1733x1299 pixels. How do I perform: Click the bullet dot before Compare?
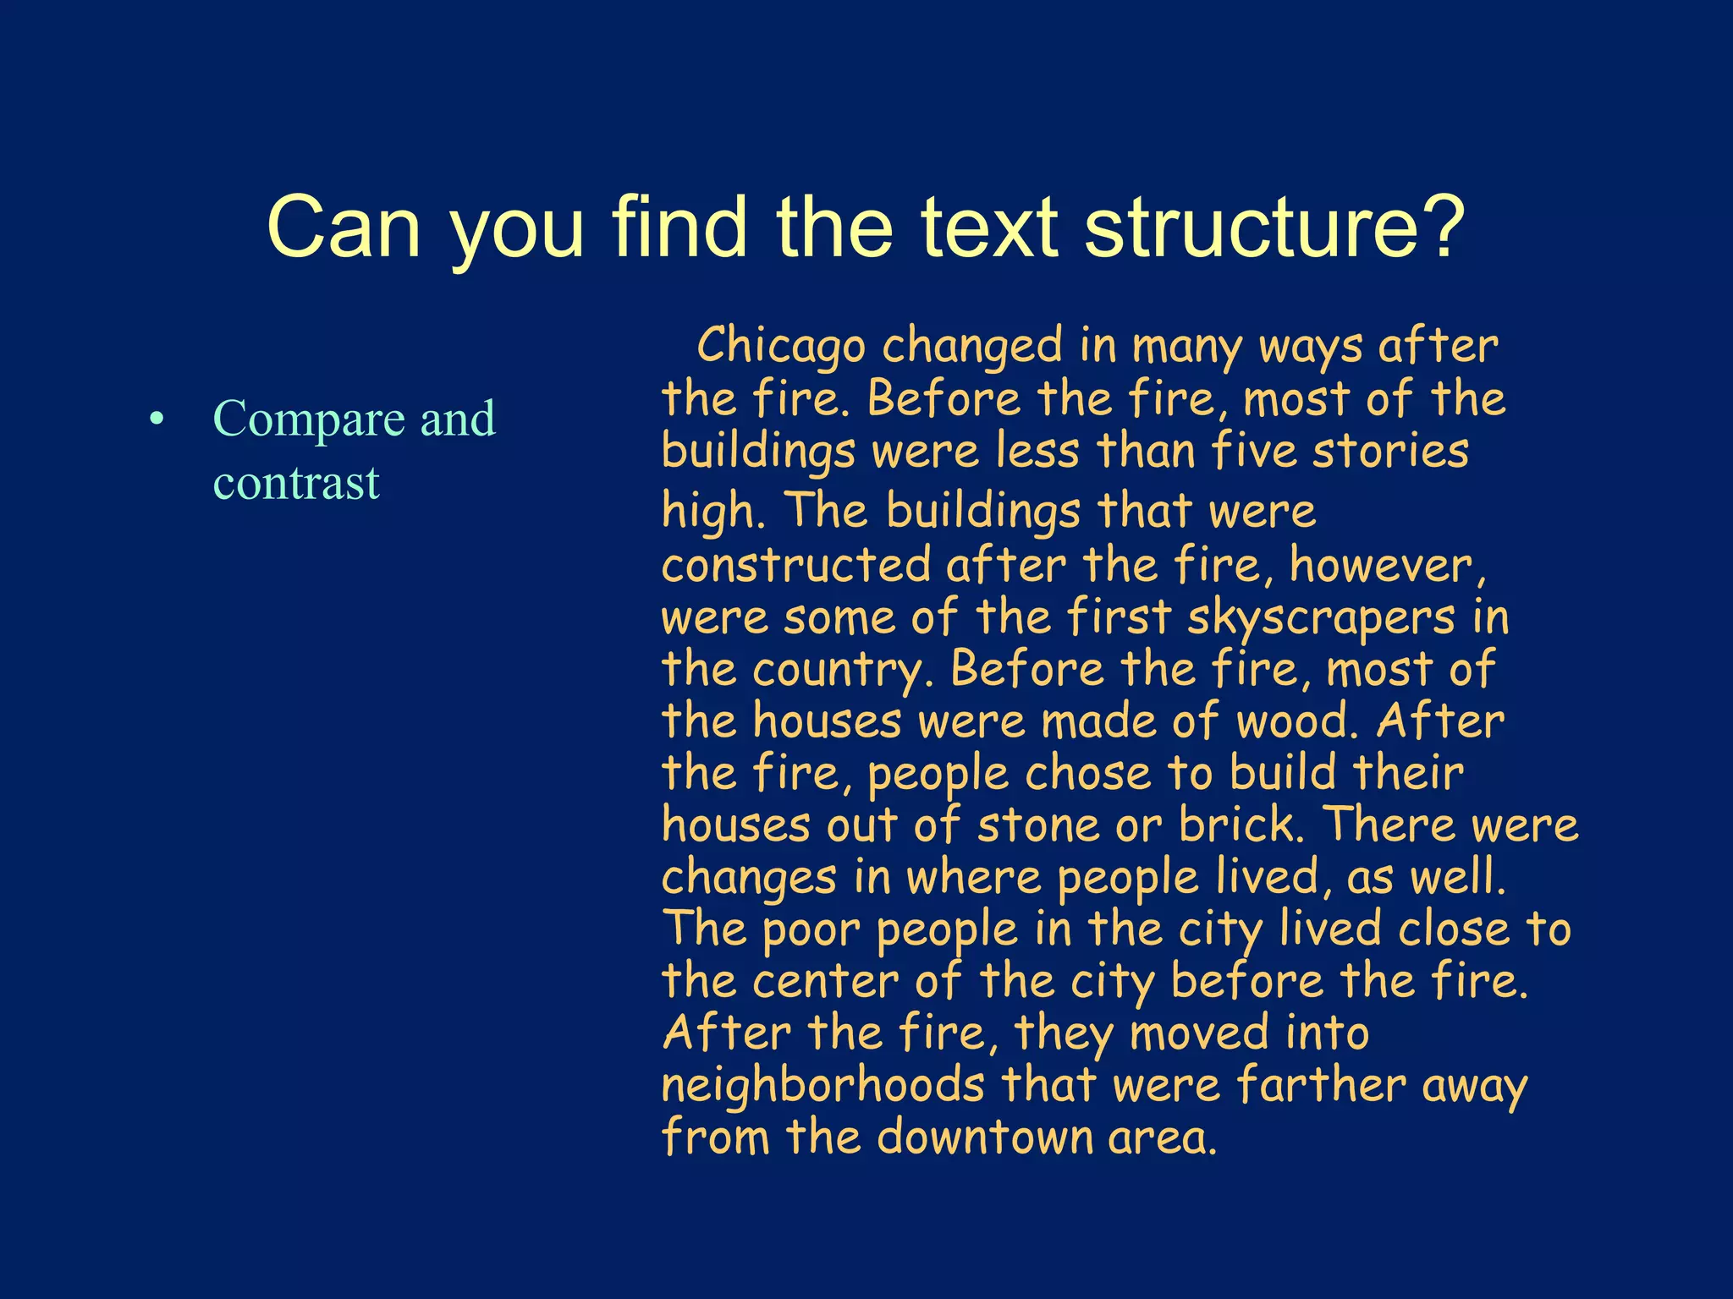[x=155, y=419]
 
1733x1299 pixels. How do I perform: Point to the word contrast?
[x=296, y=483]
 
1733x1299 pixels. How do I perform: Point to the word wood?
[x=1296, y=721]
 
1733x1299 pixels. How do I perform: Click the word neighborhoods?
[x=822, y=1085]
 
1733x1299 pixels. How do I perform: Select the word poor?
[x=811, y=930]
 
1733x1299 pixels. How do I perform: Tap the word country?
[x=837, y=670]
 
